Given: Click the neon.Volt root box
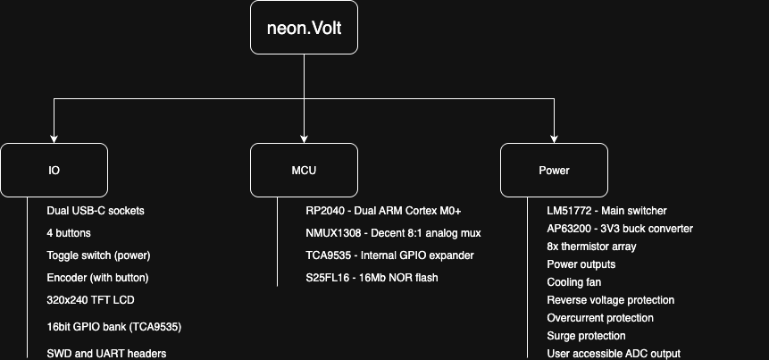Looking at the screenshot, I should tap(304, 28).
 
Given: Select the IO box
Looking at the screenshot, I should tap(54, 170).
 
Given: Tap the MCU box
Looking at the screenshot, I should tap(304, 170).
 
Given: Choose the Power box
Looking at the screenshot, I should tap(554, 170).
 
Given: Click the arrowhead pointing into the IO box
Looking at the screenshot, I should tap(54, 138).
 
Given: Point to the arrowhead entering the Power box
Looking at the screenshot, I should tap(554, 138).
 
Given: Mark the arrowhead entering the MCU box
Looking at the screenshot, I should tap(304, 138).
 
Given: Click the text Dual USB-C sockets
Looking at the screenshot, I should tap(96, 211).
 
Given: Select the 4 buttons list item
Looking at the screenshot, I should tap(69, 233).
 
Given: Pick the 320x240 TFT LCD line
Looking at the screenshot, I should tap(90, 300).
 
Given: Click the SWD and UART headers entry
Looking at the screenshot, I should tap(106, 354).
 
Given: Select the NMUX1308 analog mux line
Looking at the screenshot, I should tap(393, 233).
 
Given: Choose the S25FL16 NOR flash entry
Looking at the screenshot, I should tap(372, 278).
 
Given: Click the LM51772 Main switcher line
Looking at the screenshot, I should tap(606, 211).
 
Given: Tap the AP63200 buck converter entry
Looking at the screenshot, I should tap(620, 229).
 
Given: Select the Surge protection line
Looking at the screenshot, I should tap(586, 336).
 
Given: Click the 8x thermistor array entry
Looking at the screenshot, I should tap(591, 247).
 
